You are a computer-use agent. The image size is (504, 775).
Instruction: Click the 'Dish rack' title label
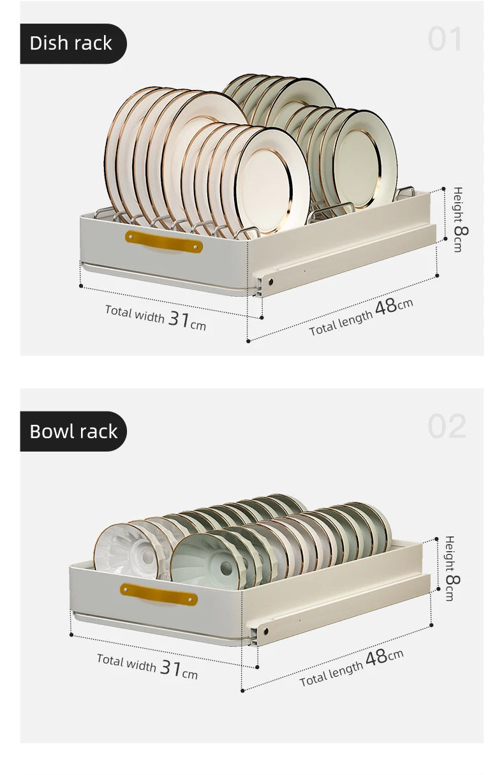(x=71, y=43)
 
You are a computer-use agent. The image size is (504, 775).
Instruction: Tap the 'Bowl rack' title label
(x=73, y=431)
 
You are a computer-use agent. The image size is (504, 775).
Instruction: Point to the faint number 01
(x=445, y=39)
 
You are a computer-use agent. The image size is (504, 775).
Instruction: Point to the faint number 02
(x=447, y=426)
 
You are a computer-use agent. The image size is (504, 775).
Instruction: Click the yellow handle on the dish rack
(x=164, y=242)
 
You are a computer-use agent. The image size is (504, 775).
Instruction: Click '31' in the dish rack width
(x=179, y=319)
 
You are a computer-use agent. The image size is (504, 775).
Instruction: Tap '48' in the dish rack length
(x=385, y=307)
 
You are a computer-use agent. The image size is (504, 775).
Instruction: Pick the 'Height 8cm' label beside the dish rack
(x=461, y=219)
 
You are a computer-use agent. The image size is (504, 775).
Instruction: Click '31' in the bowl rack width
(x=170, y=667)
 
